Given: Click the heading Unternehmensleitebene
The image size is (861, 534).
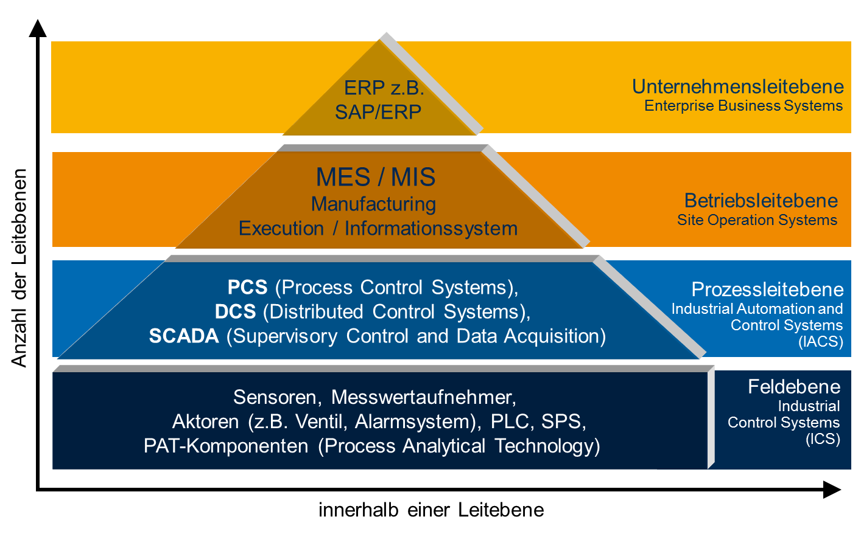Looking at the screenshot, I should [737, 87].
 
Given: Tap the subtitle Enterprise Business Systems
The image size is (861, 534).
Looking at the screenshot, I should [743, 106].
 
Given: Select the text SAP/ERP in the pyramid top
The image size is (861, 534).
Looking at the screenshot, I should [378, 112].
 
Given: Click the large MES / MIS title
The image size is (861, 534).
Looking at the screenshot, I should [375, 177].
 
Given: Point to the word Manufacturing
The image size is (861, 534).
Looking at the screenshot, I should [373, 204].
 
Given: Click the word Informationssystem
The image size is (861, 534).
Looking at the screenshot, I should [431, 229].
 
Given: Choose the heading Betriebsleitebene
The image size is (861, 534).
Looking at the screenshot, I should [761, 201].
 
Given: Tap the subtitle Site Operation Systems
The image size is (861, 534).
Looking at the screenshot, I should [757, 220].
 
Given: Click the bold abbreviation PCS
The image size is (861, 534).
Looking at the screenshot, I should [247, 287].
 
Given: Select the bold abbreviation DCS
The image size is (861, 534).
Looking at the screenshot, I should [235, 311].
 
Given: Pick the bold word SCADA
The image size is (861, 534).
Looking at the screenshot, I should [183, 336].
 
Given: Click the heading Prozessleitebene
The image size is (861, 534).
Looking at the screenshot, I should [767, 290].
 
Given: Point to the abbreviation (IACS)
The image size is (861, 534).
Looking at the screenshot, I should [821, 342].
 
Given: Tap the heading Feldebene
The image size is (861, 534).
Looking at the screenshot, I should [793, 387].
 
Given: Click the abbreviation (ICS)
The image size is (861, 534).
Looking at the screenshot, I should [823, 439].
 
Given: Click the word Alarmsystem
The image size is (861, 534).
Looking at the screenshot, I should [415, 421].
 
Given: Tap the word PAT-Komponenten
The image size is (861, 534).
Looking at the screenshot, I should [226, 446].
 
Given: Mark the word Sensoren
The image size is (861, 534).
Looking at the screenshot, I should [275, 397].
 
